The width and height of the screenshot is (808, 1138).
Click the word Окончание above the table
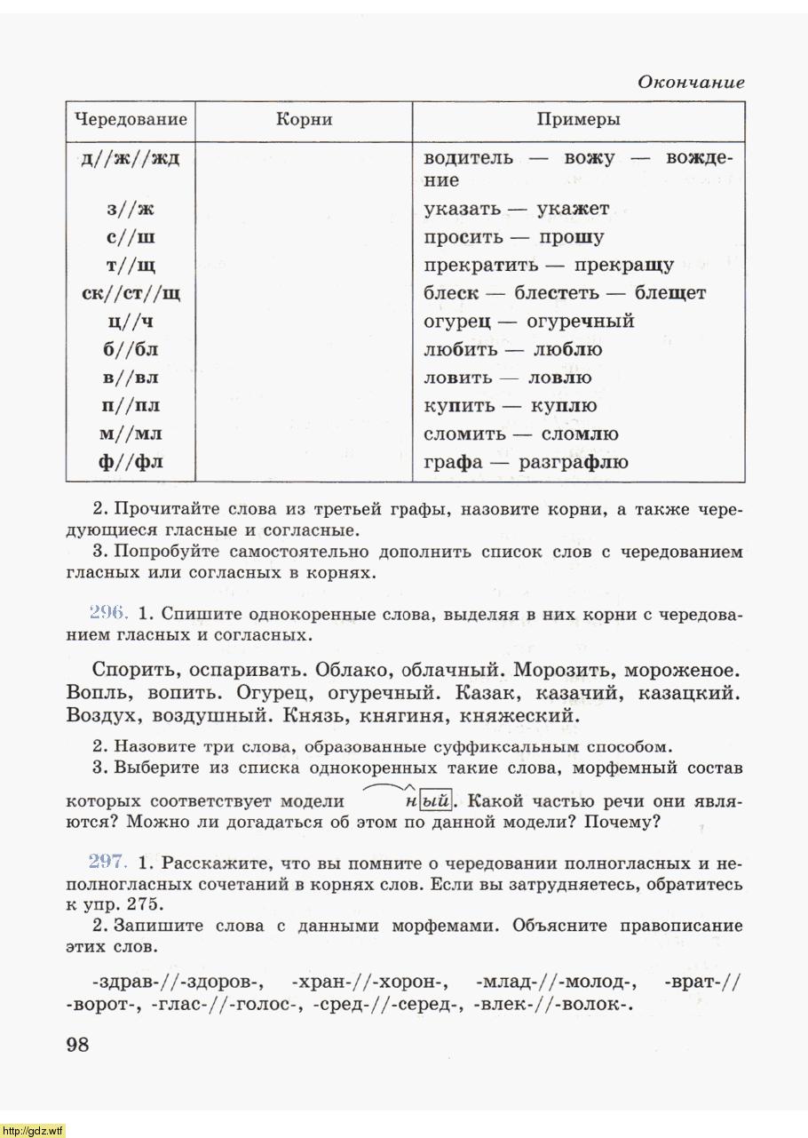[691, 83]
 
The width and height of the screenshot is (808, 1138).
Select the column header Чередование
[131, 120]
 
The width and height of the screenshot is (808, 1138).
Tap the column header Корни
[304, 120]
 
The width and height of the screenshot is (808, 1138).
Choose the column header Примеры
[578, 120]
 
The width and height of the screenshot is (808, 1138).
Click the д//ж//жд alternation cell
[131, 159]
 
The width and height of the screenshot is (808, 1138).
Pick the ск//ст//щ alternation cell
[131, 293]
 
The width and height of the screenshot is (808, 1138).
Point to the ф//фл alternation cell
[131, 462]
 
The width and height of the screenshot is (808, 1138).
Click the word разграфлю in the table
[574, 462]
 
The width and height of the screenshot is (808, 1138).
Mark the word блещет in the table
[670, 293]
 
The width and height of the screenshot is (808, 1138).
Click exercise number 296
[109, 614]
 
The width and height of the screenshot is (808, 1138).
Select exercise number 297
[109, 863]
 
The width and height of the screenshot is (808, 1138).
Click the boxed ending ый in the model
[436, 800]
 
